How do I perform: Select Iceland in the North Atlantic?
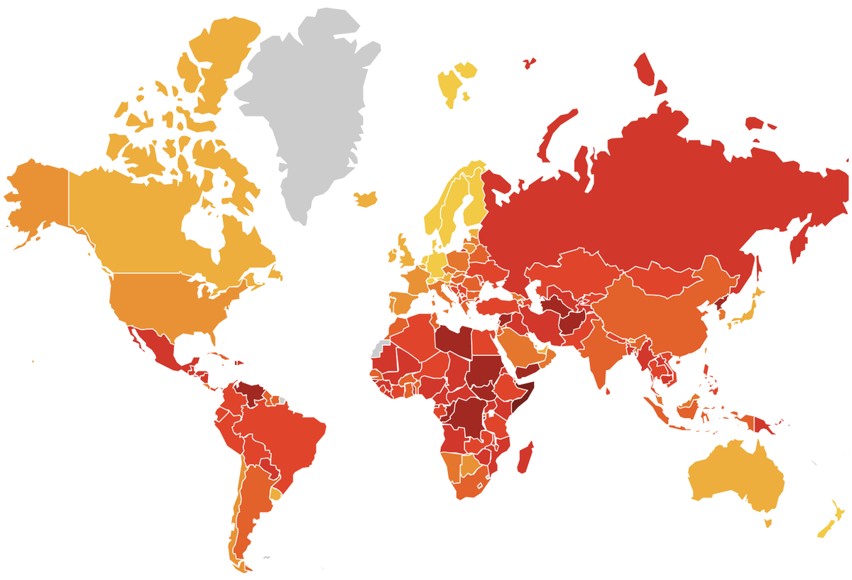[x=366, y=199]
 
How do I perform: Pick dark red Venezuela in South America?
[x=252, y=392]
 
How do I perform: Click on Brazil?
[x=284, y=433]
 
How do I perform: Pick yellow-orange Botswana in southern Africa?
[x=469, y=466]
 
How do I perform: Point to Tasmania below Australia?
[x=768, y=523]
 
